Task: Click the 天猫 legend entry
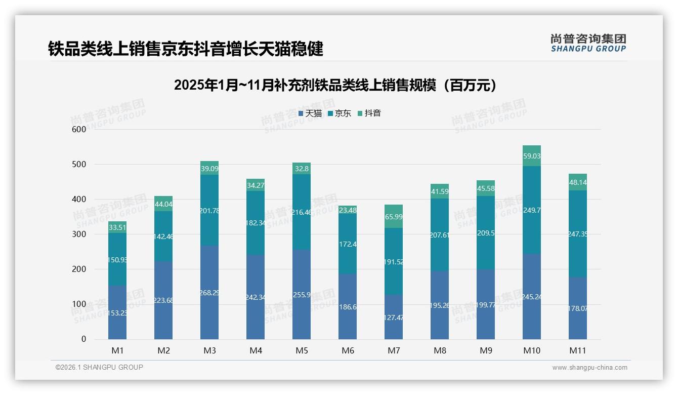pyautogui.click(x=310, y=113)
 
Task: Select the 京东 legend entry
pyautogui.click(x=339, y=113)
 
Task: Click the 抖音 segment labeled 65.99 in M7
pyautogui.click(x=394, y=216)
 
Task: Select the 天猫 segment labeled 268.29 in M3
pyautogui.click(x=209, y=293)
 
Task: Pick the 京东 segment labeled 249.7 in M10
pyautogui.click(x=532, y=210)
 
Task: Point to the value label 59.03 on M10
pyautogui.click(x=532, y=156)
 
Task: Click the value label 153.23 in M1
pyautogui.click(x=117, y=313)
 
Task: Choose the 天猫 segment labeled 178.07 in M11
pyautogui.click(x=578, y=308)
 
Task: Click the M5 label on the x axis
pyautogui.click(x=302, y=350)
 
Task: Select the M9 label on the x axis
pyautogui.click(x=486, y=350)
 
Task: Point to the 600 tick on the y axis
pyautogui.click(x=79, y=129)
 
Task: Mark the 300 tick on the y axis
pyautogui.click(x=79, y=234)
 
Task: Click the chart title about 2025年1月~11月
pyautogui.click(x=336, y=85)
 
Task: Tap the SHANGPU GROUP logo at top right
pyautogui.click(x=588, y=43)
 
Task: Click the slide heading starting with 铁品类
pyautogui.click(x=185, y=49)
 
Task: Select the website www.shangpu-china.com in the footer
pyautogui.click(x=589, y=368)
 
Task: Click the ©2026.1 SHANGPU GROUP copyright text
pyautogui.click(x=99, y=367)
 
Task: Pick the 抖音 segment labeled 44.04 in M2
pyautogui.click(x=163, y=204)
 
